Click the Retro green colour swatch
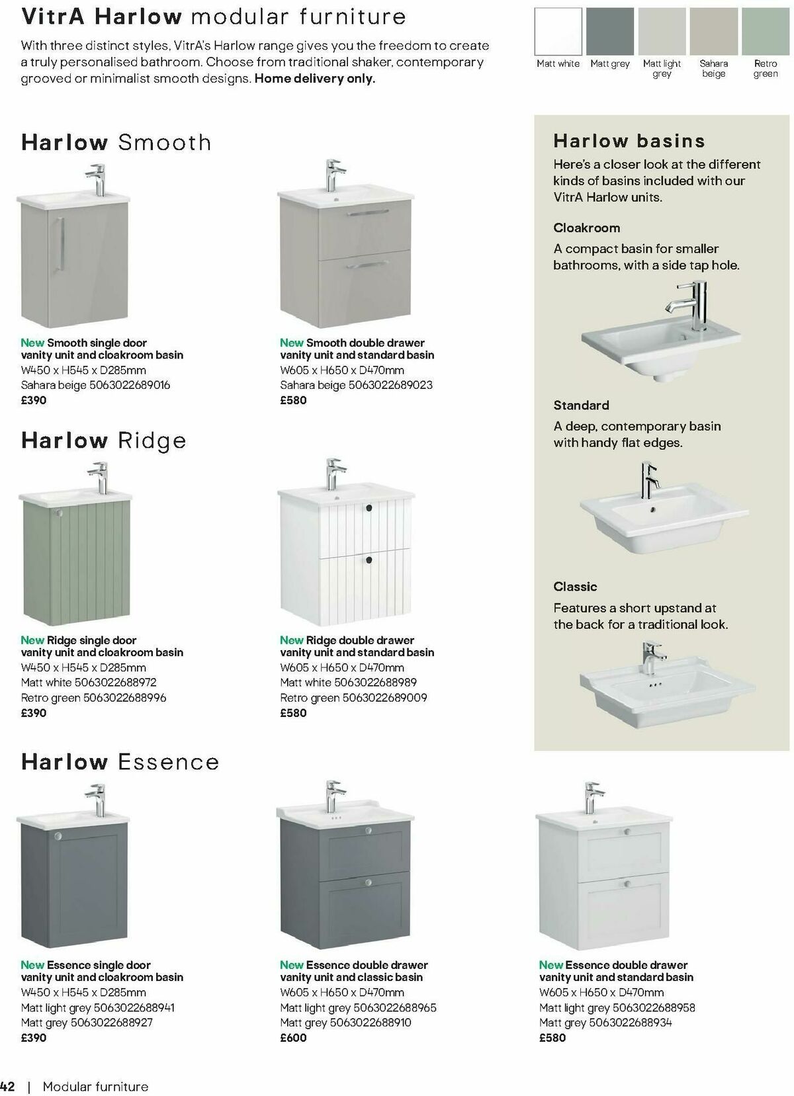(x=765, y=32)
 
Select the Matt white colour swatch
(x=558, y=32)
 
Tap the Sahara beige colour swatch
(x=713, y=32)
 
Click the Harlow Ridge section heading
(x=103, y=441)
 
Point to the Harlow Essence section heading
(x=120, y=762)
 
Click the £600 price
(x=293, y=1038)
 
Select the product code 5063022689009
(x=384, y=697)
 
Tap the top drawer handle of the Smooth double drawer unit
(x=365, y=213)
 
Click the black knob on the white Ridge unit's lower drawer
(x=369, y=560)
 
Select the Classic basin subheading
(x=575, y=587)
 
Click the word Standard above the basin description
(x=581, y=405)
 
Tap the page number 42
(x=8, y=1087)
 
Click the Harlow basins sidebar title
(x=629, y=141)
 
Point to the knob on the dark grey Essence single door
(x=58, y=837)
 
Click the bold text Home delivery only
(x=315, y=79)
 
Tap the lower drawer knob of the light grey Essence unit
(x=626, y=884)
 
